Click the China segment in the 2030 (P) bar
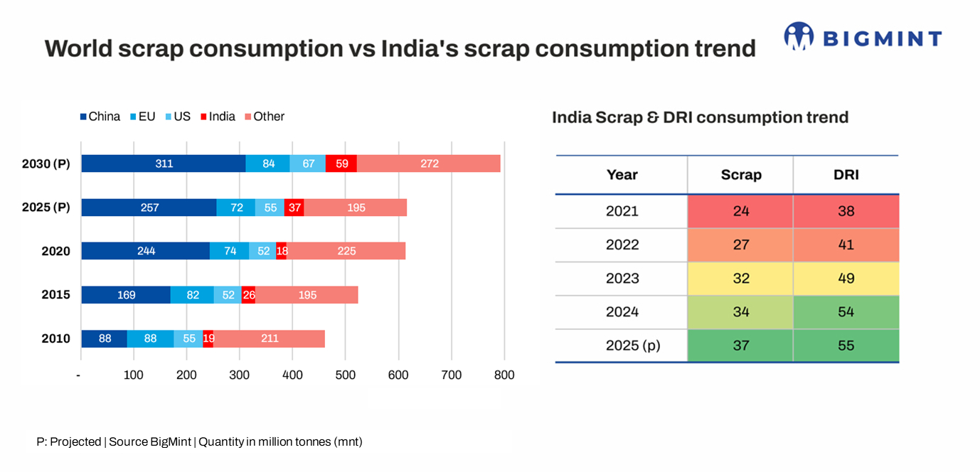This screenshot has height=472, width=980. tap(164, 163)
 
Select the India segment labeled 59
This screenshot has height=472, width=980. tap(342, 163)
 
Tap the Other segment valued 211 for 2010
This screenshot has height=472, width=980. tap(270, 338)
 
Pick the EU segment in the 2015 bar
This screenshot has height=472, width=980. tap(192, 295)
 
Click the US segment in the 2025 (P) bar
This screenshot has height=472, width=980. tap(270, 208)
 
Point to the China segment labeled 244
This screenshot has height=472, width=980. tap(146, 251)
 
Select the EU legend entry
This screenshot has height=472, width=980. tap(142, 117)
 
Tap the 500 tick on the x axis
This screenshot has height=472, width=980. tap(346, 375)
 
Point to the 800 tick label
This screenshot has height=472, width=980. tap(504, 375)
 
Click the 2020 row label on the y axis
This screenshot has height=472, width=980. tap(56, 251)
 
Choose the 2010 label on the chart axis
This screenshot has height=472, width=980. tap(56, 338)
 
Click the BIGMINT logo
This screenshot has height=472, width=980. tap(863, 37)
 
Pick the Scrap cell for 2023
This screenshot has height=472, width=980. tap(740, 279)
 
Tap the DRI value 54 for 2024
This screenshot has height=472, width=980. tap(846, 312)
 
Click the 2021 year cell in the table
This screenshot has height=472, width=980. tap(622, 211)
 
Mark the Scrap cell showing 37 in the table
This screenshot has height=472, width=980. tap(740, 346)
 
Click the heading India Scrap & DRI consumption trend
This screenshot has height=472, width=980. tap(700, 117)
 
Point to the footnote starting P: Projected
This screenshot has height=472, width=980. tap(199, 441)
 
